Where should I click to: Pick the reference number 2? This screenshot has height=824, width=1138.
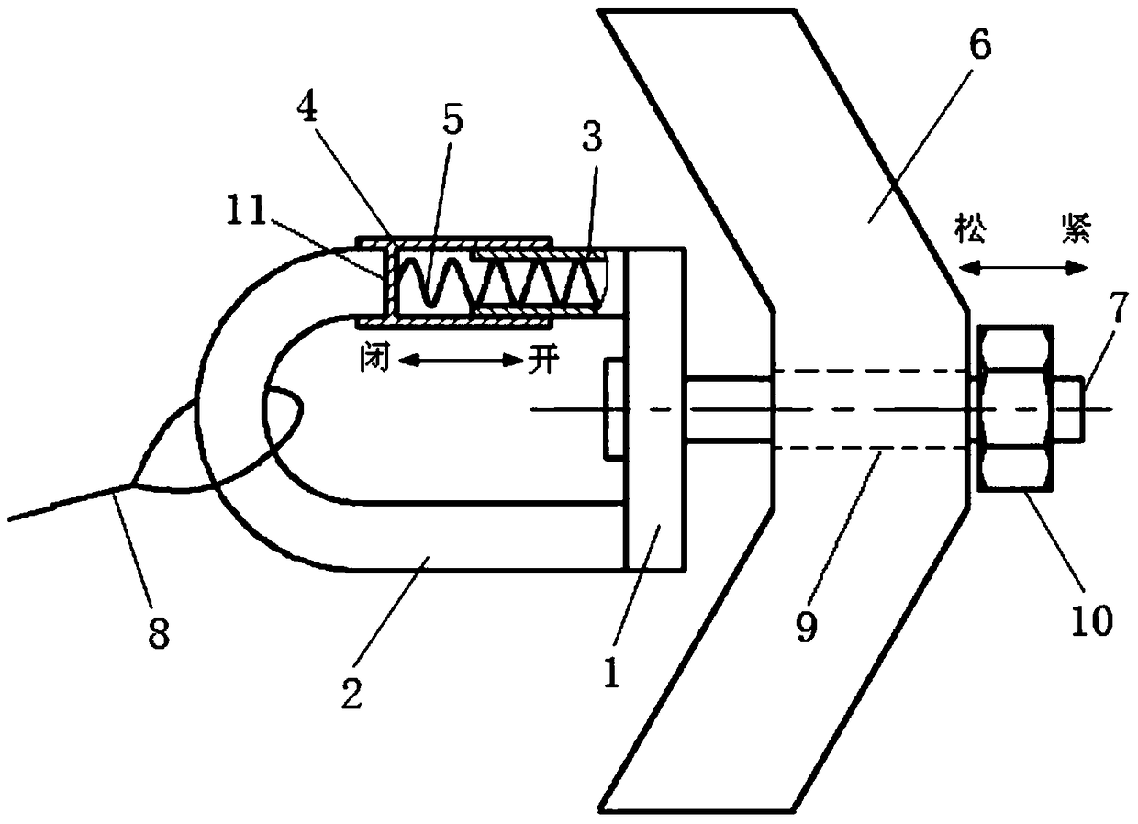[352, 694]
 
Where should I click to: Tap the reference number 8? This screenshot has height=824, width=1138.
[160, 633]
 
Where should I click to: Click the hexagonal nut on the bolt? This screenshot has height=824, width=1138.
[1014, 409]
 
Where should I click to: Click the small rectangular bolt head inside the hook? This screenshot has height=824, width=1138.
[613, 409]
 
